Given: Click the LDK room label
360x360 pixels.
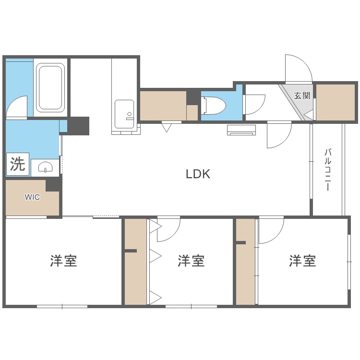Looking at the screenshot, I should click(x=198, y=174).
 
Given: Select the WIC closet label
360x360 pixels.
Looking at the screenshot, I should click(x=33, y=197).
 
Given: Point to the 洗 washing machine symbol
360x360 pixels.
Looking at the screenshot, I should click(x=18, y=165).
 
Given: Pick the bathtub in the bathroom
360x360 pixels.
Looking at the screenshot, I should click(x=50, y=88).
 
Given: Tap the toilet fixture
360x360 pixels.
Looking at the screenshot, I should click(x=212, y=105).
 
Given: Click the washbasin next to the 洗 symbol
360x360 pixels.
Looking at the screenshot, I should click(x=46, y=168).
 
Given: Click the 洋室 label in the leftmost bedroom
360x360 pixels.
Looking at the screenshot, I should click(x=63, y=261).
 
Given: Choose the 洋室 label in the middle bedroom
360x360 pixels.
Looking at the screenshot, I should click(x=191, y=261).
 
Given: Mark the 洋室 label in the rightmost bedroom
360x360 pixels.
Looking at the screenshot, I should click(x=302, y=261).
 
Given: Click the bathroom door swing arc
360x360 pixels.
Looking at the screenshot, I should click(x=18, y=106).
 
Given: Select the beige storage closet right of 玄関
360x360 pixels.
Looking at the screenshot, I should click(x=336, y=102).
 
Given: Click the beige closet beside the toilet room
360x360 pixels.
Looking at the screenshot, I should click(x=163, y=105).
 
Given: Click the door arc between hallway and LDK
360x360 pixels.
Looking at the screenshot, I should click(x=279, y=135).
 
